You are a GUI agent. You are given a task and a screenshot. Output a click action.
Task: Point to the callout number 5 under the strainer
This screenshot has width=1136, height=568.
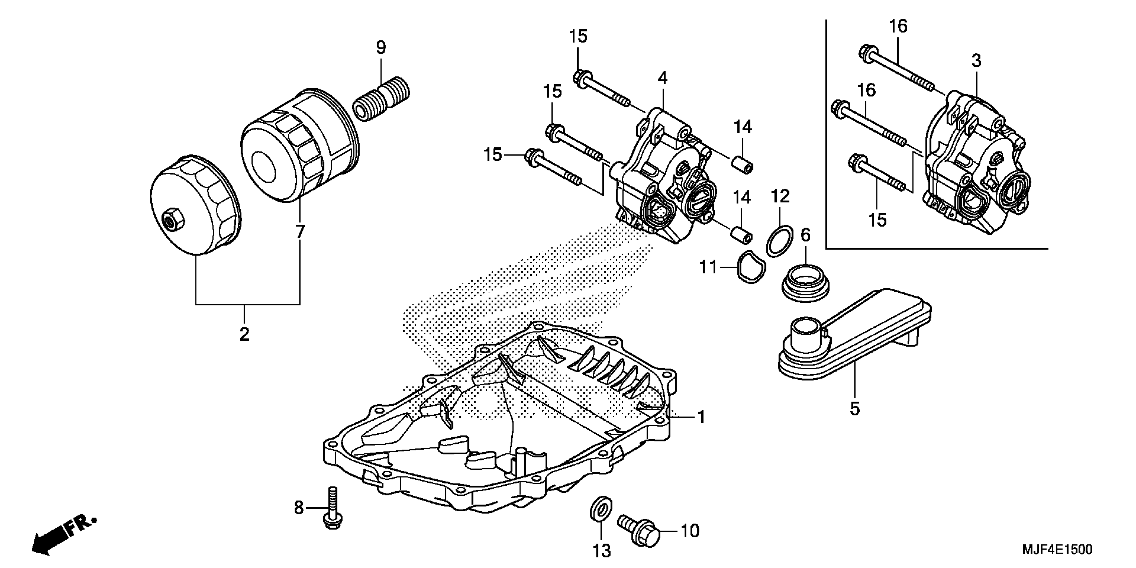click(x=855, y=409)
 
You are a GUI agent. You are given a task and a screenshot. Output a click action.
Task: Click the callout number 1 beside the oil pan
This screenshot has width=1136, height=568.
click(x=701, y=417)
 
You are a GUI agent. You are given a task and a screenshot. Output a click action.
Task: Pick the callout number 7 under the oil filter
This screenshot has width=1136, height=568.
click(x=300, y=232)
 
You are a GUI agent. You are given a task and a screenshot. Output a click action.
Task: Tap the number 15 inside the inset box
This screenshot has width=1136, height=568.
click(x=878, y=220)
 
